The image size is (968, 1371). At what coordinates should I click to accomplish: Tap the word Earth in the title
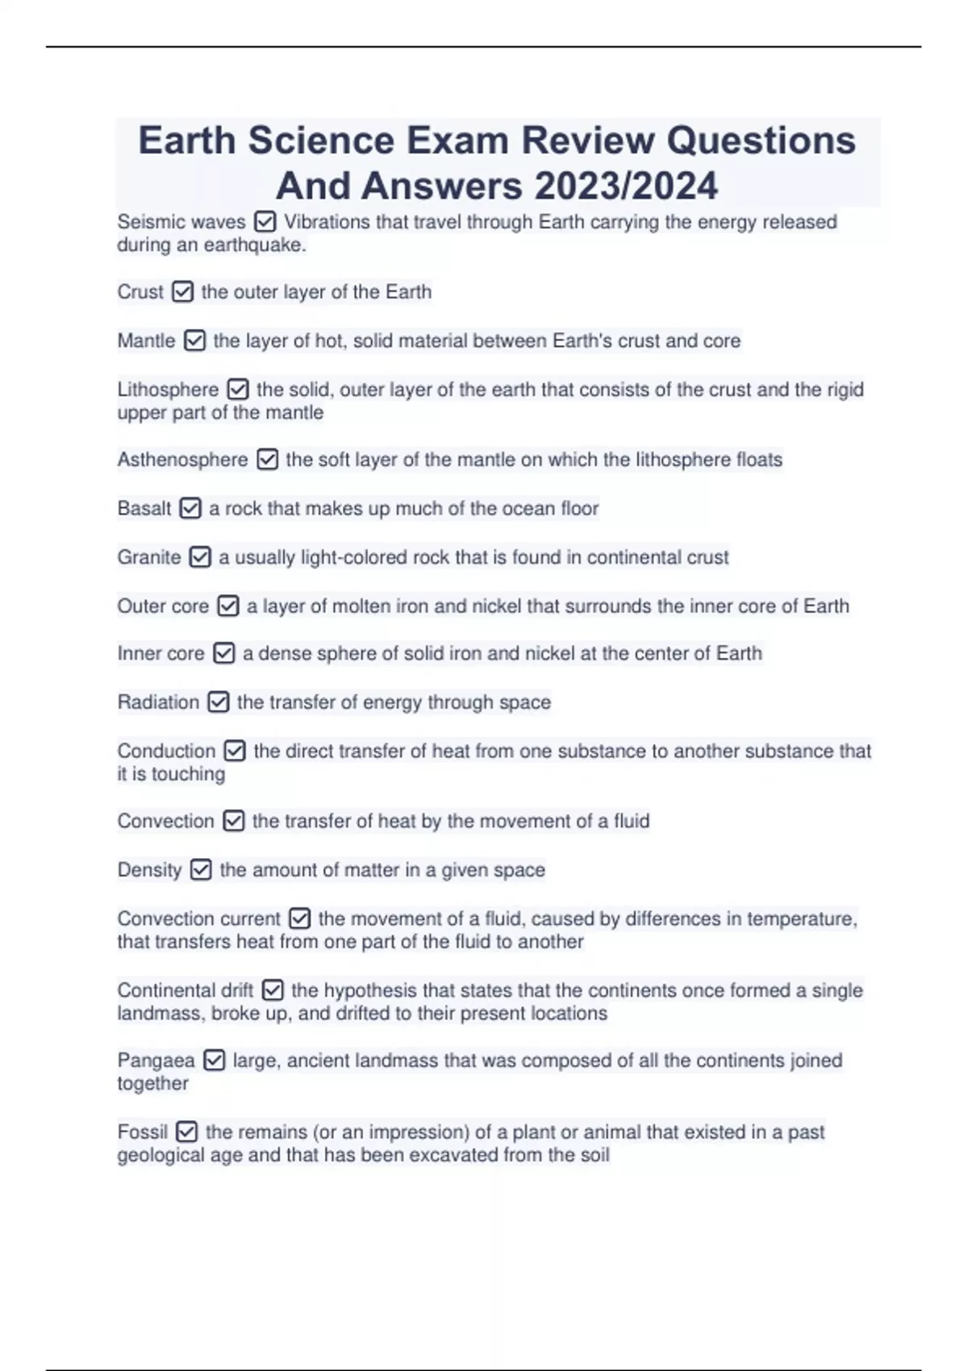tap(188, 140)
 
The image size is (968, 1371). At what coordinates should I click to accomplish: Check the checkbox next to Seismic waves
tap(265, 222)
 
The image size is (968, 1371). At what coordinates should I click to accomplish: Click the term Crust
tap(140, 292)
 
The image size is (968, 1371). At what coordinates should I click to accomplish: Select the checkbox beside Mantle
tap(194, 341)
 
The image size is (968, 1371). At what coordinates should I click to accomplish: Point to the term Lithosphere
tap(168, 390)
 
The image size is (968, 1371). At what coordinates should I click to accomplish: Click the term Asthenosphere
tap(182, 460)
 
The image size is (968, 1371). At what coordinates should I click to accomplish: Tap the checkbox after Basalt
tap(190, 509)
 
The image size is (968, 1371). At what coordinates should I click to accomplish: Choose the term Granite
tap(149, 557)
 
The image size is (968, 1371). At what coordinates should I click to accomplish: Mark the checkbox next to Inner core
tap(223, 653)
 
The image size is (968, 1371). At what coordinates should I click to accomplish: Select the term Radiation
tap(158, 702)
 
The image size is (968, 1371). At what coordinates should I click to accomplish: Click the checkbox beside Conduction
tap(235, 752)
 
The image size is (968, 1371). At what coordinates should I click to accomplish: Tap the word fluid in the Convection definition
tap(631, 821)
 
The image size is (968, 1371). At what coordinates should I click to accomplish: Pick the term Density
tap(149, 870)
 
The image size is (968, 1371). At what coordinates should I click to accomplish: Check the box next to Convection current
tap(299, 919)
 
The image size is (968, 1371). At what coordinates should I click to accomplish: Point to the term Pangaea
tap(156, 1061)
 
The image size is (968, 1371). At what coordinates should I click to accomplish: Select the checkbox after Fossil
tap(186, 1132)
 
